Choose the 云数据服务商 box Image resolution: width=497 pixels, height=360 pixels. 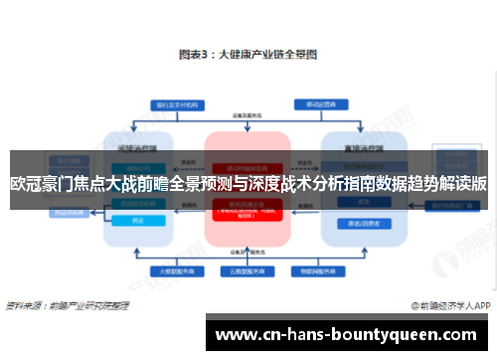coord(246,270)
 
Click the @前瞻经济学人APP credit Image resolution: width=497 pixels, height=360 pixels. coord(450,304)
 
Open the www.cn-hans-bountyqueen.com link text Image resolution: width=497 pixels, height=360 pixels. coord(350,334)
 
